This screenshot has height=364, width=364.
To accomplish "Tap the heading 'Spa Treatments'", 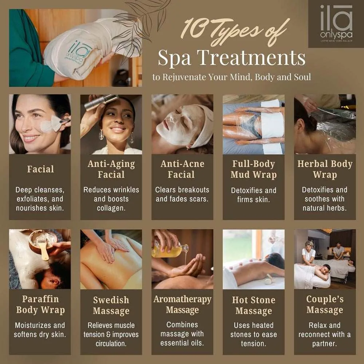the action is pyautogui.click(x=232, y=58).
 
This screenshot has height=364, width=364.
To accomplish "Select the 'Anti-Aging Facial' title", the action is pyautogui.click(x=111, y=169).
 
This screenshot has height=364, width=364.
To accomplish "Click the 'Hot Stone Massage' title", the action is pyautogui.click(x=254, y=305).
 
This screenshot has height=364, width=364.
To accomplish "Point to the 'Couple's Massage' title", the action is pyautogui.click(x=325, y=305).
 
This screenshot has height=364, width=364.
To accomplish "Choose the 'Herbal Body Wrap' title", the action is pyautogui.click(x=325, y=169).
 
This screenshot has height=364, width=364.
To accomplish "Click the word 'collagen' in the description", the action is pyautogui.click(x=111, y=208).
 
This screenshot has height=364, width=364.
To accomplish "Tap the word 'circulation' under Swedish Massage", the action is pyautogui.click(x=111, y=344).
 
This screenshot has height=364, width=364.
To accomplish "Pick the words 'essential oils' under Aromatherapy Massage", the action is pyautogui.click(x=182, y=343).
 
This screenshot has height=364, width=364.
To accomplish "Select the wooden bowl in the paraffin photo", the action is pyautogui.click(x=43, y=242).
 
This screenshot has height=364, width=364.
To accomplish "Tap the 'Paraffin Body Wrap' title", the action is pyautogui.click(x=40, y=305).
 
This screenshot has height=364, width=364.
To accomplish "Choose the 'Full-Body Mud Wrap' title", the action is pyautogui.click(x=254, y=170).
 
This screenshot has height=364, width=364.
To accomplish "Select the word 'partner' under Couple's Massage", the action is pyautogui.click(x=324, y=344).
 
